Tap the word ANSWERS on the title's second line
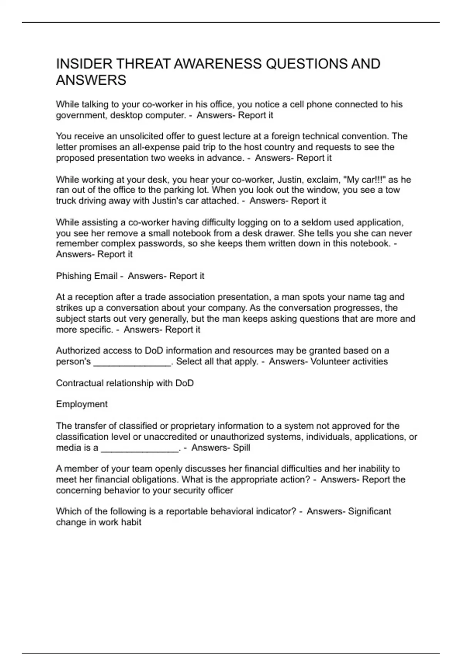click(x=91, y=80)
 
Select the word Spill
click(x=241, y=447)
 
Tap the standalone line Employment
click(x=82, y=404)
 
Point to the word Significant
click(x=369, y=511)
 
